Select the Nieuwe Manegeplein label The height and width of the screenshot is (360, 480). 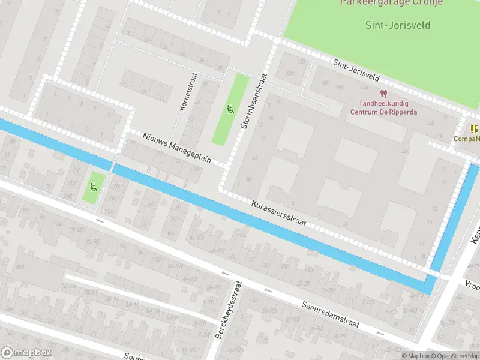click(177, 148)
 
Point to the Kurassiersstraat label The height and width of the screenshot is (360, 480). click(279, 214)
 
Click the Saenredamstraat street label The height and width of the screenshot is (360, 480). click(331, 314)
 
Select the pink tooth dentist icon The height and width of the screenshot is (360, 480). click(383, 93)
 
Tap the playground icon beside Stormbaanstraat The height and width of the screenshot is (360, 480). click(229, 109)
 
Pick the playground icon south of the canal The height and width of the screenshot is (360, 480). click(92, 186)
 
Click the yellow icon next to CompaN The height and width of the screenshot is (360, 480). click(474, 129)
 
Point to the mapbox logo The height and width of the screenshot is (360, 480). click(26, 353)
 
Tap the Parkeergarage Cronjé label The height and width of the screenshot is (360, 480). click(391, 2)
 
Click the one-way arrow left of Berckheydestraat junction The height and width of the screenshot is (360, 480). click(225, 274)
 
